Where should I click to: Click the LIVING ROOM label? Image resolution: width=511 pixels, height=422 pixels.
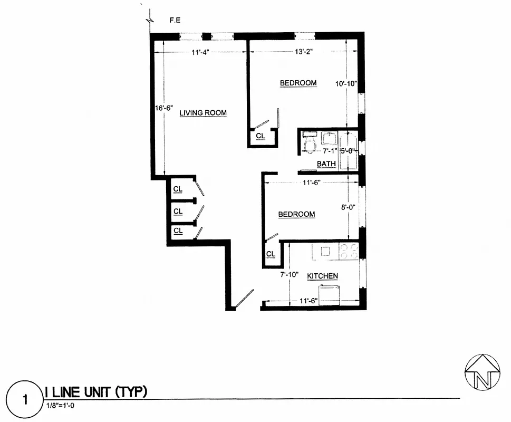[203, 113]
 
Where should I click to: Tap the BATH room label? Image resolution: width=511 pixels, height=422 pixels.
[326, 164]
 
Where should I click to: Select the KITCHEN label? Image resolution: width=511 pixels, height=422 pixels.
[322, 276]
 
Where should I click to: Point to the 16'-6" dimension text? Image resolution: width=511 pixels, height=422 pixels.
[165, 108]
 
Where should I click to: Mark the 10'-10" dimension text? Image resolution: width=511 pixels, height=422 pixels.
[346, 83]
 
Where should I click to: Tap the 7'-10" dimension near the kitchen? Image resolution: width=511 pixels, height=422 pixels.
[290, 274]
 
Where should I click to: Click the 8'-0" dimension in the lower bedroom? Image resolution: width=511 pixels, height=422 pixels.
[349, 207]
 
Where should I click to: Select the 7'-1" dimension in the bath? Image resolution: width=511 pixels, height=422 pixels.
[330, 150]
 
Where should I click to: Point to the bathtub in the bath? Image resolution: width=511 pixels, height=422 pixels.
[348, 151]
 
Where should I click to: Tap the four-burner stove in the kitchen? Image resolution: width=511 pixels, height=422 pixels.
[349, 251]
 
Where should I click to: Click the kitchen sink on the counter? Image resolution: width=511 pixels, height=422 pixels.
[325, 251]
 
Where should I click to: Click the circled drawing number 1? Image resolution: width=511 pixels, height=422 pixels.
[24, 398]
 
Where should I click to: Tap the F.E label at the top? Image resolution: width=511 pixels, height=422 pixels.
[176, 21]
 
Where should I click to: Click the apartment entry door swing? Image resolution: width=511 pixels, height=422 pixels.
[244, 299]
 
